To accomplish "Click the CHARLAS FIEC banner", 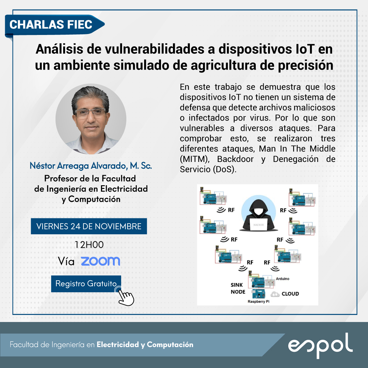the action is (54, 25).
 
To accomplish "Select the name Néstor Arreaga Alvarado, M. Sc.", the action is (91, 166).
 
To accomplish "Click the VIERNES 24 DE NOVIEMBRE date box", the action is (89, 226).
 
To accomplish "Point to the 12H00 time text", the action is (89, 245).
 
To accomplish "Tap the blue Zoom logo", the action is (101, 261).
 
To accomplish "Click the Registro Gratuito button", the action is (86, 284).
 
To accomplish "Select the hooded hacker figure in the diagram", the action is (259, 215).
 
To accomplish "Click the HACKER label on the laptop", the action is (259, 225).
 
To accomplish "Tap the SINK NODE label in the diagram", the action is (238, 288).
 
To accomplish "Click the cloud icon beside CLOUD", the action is (275, 294).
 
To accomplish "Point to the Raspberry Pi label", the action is (259, 301).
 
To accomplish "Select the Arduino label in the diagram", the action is (282, 279).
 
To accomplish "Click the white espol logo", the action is (320, 346).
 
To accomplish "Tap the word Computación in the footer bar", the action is (170, 345).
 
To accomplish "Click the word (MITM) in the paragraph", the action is (195, 159).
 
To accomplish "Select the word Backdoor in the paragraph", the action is (235, 159).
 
